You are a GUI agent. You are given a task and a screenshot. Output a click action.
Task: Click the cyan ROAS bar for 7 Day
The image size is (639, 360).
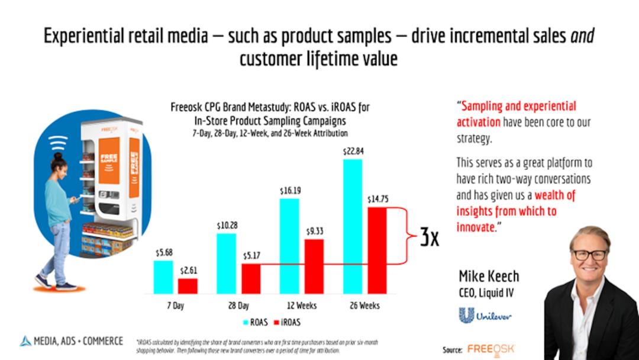pyautogui.click(x=163, y=277)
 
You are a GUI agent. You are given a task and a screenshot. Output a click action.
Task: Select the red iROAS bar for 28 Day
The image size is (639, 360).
pyautogui.click(x=251, y=279)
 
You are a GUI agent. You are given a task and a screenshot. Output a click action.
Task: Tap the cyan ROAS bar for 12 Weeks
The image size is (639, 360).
pyautogui.click(x=289, y=246)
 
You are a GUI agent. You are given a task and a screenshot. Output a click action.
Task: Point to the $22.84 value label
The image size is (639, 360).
pyautogui.click(x=353, y=152)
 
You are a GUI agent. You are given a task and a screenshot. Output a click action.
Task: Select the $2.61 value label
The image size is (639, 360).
pyautogui.click(x=188, y=271)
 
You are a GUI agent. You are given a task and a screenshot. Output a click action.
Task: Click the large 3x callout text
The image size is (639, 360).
pyautogui.click(x=429, y=237)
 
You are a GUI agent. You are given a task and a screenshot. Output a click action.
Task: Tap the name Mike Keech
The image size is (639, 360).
pyautogui.click(x=489, y=277)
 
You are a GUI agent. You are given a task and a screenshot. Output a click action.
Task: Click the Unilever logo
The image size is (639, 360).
pyautogui.click(x=485, y=314)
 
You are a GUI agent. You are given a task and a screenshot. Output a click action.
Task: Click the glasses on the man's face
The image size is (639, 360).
pyautogui.click(x=589, y=255)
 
